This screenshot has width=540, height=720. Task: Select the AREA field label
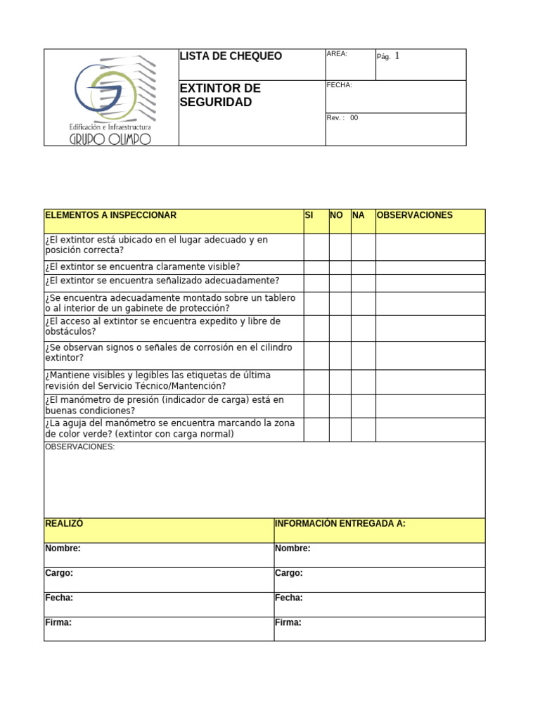pos(337,54)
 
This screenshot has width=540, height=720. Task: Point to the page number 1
pos(397,56)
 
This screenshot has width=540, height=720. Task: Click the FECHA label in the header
pos(340,85)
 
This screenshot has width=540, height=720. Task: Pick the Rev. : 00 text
pos(342,118)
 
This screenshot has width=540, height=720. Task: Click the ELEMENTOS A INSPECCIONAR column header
pos(110,215)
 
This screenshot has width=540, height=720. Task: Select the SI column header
pos(309,215)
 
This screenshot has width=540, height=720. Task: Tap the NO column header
pos(336,215)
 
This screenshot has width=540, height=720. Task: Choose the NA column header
pos(359,215)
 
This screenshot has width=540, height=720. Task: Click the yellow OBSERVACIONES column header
pos(414,215)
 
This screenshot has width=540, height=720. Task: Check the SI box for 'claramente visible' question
pos(316,267)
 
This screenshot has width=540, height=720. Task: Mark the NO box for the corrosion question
pos(340,355)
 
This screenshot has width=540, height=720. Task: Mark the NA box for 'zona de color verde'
pos(363,430)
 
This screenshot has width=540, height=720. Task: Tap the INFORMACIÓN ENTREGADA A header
pos(340,524)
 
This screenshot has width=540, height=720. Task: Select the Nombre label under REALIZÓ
pos(63,548)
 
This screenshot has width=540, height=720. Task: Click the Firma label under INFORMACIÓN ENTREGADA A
pos(288,622)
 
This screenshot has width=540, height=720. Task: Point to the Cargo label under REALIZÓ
pos(59,573)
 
